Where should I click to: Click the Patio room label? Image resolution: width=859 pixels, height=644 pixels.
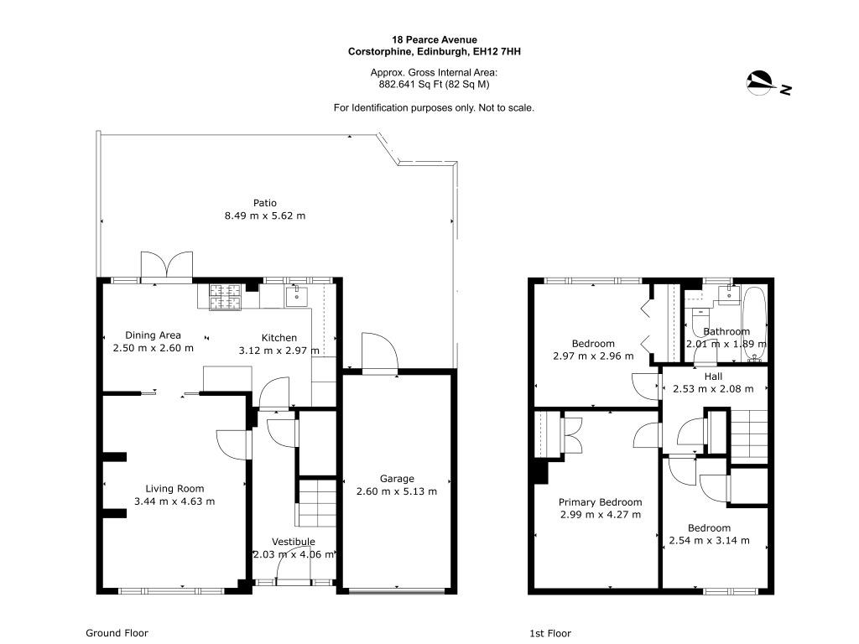(264, 203)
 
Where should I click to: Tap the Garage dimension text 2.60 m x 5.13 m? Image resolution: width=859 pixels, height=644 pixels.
(397, 491)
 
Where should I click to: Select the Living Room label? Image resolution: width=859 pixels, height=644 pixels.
(174, 489)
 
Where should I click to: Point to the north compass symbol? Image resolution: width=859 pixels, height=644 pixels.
(762, 83)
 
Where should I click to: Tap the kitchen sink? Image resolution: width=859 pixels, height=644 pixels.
(296, 296)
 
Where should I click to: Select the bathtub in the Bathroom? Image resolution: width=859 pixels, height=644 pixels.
(754, 323)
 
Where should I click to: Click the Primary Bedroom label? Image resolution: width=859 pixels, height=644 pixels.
(600, 502)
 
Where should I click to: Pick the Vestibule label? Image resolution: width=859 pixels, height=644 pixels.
(293, 542)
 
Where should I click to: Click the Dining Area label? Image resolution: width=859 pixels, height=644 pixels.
(153, 335)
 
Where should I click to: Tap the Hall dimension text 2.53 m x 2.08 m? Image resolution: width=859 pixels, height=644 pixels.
(713, 389)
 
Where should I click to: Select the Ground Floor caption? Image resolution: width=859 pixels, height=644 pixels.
(117, 633)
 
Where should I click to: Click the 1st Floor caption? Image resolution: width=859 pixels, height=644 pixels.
(550, 634)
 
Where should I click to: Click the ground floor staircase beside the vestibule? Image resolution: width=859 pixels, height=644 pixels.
(316, 504)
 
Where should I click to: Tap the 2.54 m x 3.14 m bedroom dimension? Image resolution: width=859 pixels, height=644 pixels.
(709, 541)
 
